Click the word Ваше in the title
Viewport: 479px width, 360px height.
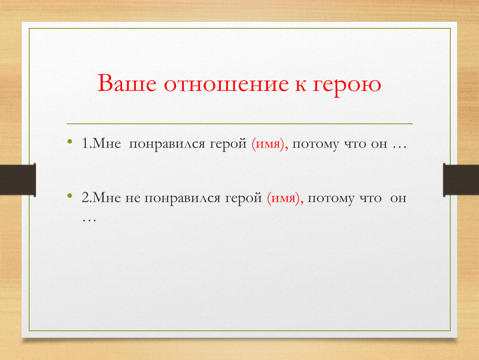click(127, 82)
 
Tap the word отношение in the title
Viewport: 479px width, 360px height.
click(226, 84)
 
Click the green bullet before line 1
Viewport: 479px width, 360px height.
click(70, 141)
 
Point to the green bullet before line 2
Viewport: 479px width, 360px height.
click(70, 195)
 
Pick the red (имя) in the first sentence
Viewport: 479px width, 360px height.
click(270, 144)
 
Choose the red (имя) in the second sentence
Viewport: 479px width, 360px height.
click(285, 198)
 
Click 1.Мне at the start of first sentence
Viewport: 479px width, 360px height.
click(101, 143)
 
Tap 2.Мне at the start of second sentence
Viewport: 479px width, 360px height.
click(101, 198)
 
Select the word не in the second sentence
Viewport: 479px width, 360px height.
click(132, 199)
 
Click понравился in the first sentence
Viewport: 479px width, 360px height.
click(167, 145)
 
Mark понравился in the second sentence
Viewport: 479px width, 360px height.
click(182, 199)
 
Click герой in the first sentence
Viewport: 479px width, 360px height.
click(228, 144)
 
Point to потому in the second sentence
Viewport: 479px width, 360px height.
click(331, 199)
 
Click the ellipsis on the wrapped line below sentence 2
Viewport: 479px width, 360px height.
click(89, 220)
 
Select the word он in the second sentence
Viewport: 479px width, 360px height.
click(398, 199)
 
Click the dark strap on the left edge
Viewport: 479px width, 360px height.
click(18, 180)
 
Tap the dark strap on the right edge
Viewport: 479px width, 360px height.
click(461, 180)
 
